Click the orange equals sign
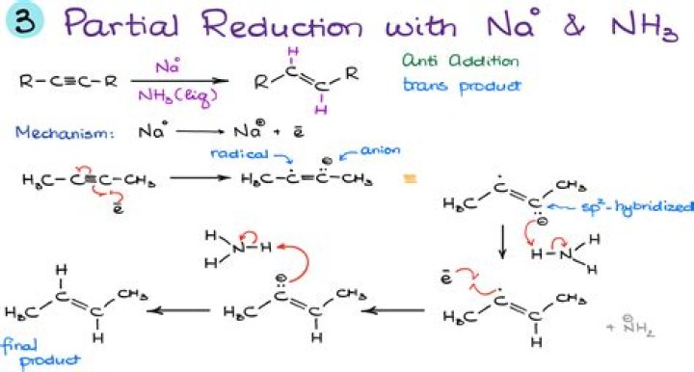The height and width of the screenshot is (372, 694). (409, 178)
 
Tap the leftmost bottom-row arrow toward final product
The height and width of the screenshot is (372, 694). (183, 310)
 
